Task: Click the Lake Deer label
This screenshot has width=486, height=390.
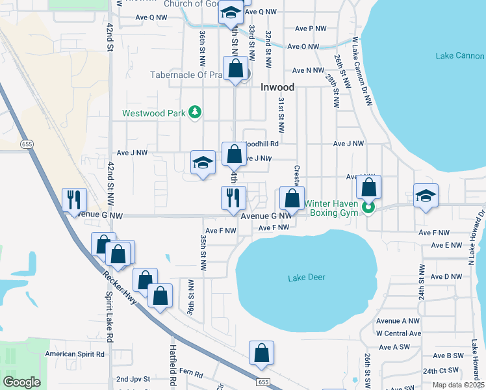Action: [306, 278]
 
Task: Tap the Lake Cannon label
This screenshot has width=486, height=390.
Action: [460, 56]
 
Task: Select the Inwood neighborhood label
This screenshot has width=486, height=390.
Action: [277, 87]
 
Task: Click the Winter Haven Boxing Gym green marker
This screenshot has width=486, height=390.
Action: [368, 208]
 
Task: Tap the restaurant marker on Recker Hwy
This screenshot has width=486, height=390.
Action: [73, 199]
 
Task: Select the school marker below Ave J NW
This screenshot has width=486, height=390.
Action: [203, 162]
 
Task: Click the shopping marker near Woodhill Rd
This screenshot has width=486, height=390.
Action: [234, 154]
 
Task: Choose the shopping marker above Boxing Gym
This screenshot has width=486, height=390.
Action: [368, 187]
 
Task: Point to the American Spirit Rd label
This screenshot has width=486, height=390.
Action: [75, 354]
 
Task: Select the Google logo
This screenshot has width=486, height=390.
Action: [22, 382]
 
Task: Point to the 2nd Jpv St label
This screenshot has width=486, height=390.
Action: [133, 378]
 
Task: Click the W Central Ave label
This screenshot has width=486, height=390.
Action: [398, 333]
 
